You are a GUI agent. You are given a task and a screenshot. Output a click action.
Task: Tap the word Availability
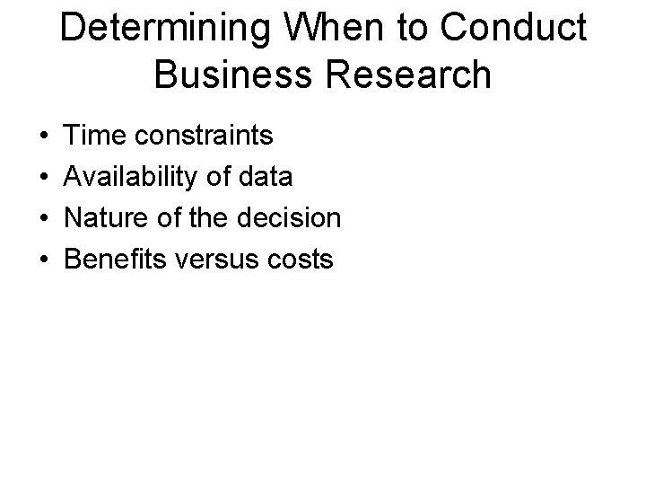(133, 177)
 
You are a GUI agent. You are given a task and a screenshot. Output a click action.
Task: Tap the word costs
(304, 260)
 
